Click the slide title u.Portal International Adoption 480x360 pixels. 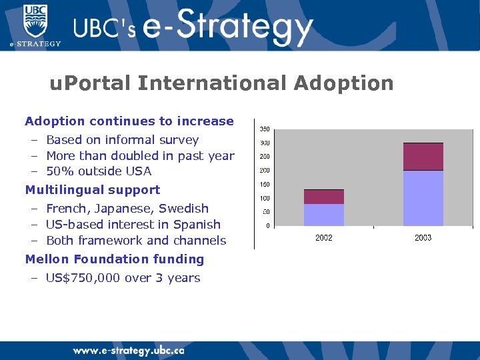tap(221, 83)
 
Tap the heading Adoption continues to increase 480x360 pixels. tap(129, 121)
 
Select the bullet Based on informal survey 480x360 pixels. tap(122, 140)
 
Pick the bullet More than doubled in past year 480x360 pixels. tap(140, 156)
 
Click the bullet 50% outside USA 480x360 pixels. tap(99, 171)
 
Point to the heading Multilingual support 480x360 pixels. tap(93, 190)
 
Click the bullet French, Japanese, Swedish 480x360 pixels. tap(127, 209)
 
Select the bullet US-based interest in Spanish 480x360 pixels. tap(133, 225)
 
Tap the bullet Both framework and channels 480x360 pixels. tap(136, 241)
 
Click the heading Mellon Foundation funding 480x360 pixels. tap(115, 259)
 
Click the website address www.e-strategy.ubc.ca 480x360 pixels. tap(129, 351)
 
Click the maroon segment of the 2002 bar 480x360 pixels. tap(324, 197)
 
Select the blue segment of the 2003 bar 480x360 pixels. tap(423, 198)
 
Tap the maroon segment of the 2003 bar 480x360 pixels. tap(423, 157)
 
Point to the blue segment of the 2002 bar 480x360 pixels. tap(324, 215)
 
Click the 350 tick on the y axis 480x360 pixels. tap(265, 129)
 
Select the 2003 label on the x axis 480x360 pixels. tap(423, 238)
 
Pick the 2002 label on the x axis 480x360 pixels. tap(324, 238)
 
